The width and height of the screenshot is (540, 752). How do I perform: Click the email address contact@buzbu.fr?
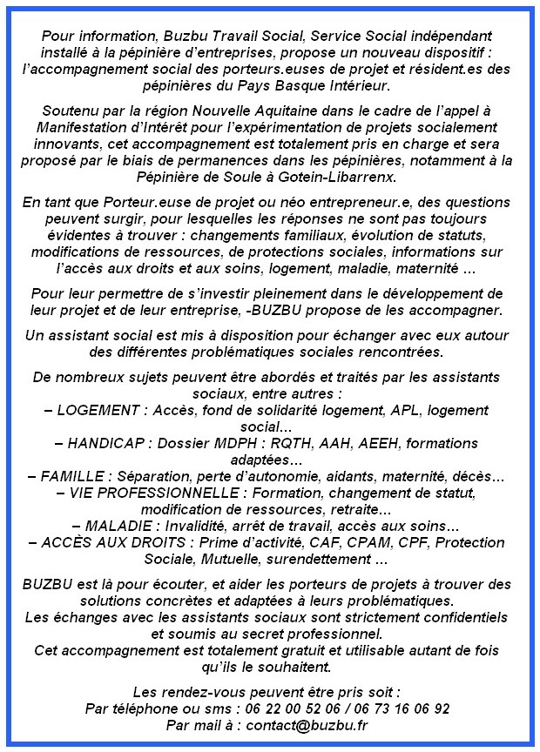[306, 724]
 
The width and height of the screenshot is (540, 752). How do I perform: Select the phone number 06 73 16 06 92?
[402, 708]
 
